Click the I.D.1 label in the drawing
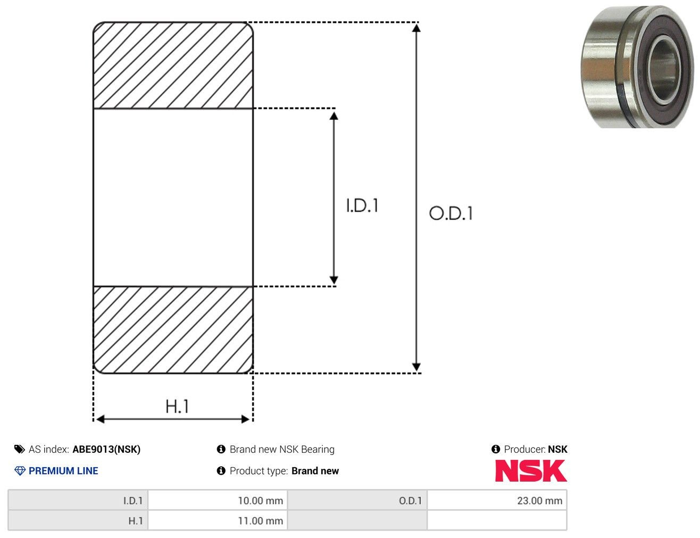(362, 205)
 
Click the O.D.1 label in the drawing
(451, 213)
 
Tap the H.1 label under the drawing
(177, 406)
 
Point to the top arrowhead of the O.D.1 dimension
(416, 28)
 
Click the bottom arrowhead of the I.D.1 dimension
(334, 279)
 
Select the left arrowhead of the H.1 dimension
(100, 419)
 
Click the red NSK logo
(531, 470)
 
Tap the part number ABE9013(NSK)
(106, 449)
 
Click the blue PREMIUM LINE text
(63, 470)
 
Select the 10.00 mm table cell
(218, 500)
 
